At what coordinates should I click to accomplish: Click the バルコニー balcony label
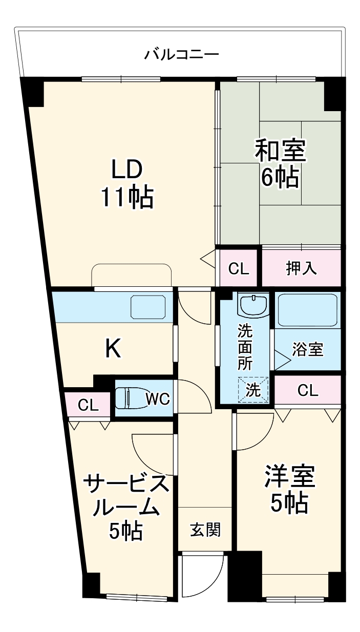pos(182,53)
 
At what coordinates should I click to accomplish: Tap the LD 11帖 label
pos(126,183)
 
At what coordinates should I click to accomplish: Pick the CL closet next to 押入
pos(239,268)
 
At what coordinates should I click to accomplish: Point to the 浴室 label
pos(308,350)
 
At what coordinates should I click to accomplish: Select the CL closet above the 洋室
pos(308,391)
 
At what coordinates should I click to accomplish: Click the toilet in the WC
pos(128,398)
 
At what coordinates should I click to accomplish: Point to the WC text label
pos(158,399)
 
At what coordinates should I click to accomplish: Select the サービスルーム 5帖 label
pos(125,507)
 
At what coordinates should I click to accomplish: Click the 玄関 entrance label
pos(205,530)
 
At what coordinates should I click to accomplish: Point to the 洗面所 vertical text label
pos(245,348)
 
